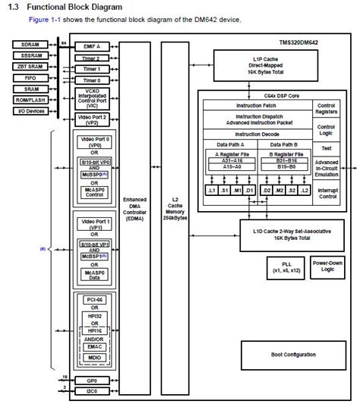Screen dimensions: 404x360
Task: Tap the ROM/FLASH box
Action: pos(30,99)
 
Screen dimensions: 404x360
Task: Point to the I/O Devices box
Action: pos(30,110)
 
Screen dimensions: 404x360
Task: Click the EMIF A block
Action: pos(90,47)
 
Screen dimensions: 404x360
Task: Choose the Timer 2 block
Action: pos(90,58)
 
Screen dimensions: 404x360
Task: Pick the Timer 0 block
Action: pos(90,79)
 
